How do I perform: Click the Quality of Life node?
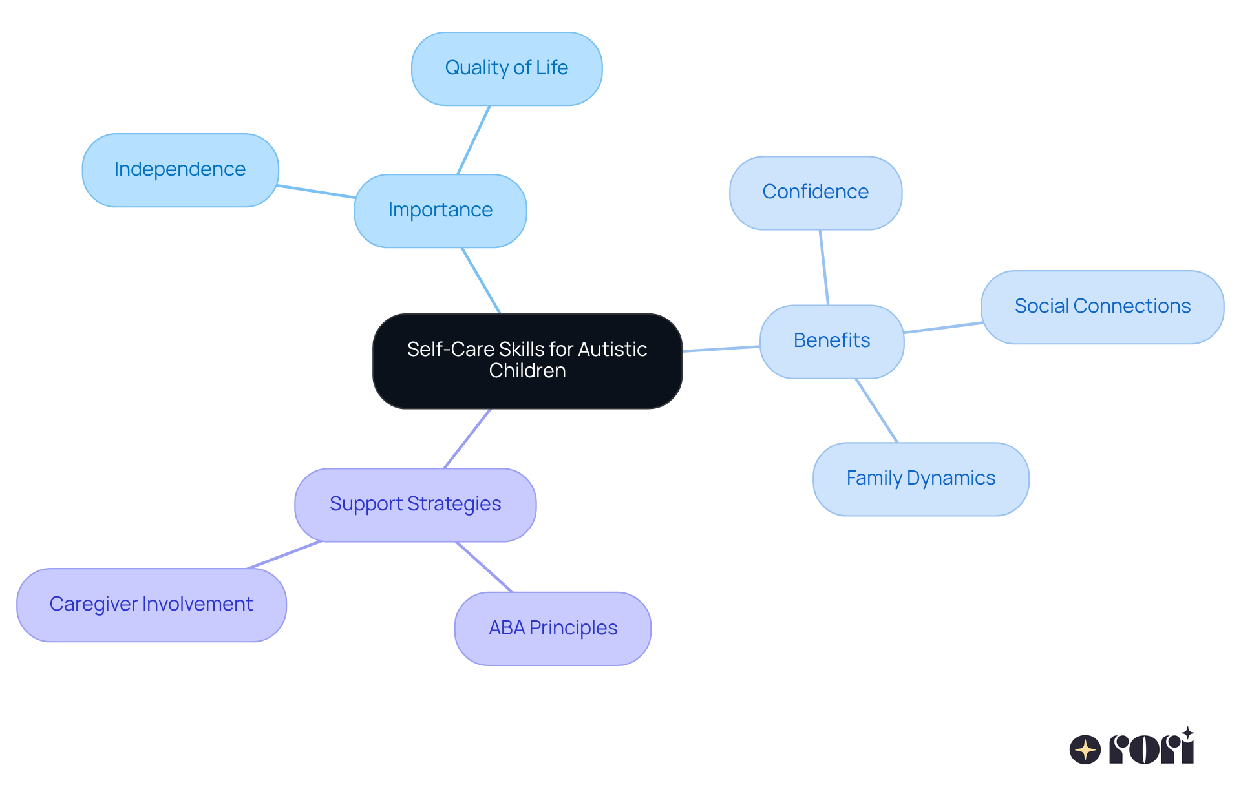coord(507,68)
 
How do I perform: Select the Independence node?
coord(180,170)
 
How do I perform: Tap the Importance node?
coord(440,211)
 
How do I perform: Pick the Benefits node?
coord(832,341)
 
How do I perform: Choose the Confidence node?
coord(816,193)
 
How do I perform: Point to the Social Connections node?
coord(1102,307)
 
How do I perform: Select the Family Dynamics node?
coord(920,479)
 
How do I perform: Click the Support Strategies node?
coord(415,505)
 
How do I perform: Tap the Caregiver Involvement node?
coord(151,605)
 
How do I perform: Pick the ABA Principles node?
coord(553,629)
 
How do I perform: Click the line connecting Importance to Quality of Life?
coord(474,140)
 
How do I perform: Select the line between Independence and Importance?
coord(316,191)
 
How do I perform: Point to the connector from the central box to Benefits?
coord(721,349)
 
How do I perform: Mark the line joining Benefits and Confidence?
coord(824,267)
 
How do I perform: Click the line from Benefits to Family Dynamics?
coord(877,411)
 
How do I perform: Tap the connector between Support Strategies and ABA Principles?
coord(484,567)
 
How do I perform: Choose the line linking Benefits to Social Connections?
coord(943,328)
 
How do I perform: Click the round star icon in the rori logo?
coord(1085,749)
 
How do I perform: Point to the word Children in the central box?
coord(527,371)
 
